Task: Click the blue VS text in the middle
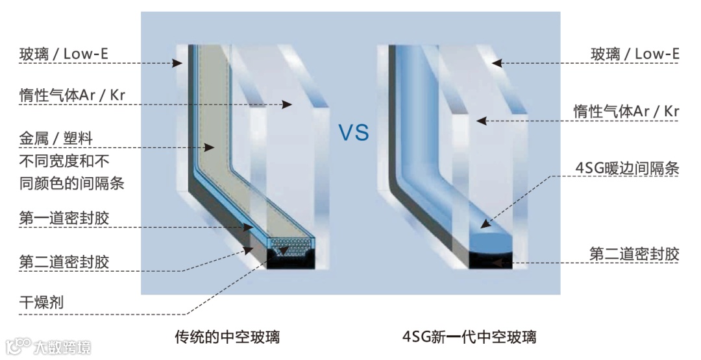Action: [353, 133]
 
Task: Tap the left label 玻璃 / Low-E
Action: [64, 54]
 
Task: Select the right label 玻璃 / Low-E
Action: [635, 54]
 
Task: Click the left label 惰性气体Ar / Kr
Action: [72, 95]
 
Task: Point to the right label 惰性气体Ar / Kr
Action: [626, 111]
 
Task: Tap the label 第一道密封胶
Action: [64, 218]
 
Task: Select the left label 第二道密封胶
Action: [64, 262]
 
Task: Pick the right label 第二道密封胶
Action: [634, 254]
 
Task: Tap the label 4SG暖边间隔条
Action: [627, 169]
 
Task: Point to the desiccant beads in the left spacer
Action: [289, 247]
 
